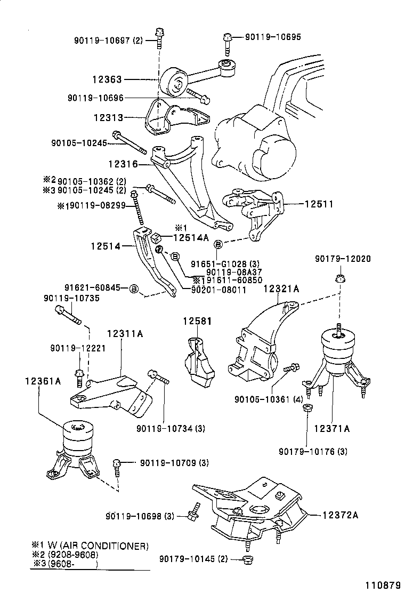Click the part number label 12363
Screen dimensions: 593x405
[x=107, y=79]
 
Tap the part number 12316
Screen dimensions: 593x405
[x=123, y=164]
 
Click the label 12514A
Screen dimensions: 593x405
[x=190, y=238]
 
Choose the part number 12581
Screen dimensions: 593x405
[x=198, y=322]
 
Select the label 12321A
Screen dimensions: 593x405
[x=281, y=289]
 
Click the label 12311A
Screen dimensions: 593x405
[x=125, y=334]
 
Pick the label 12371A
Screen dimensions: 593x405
[x=331, y=428]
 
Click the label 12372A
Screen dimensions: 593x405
[x=340, y=515]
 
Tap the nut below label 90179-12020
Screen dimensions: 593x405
[x=339, y=278]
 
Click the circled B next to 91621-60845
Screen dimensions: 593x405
[x=134, y=289]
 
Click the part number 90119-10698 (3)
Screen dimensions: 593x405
[x=140, y=516]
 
